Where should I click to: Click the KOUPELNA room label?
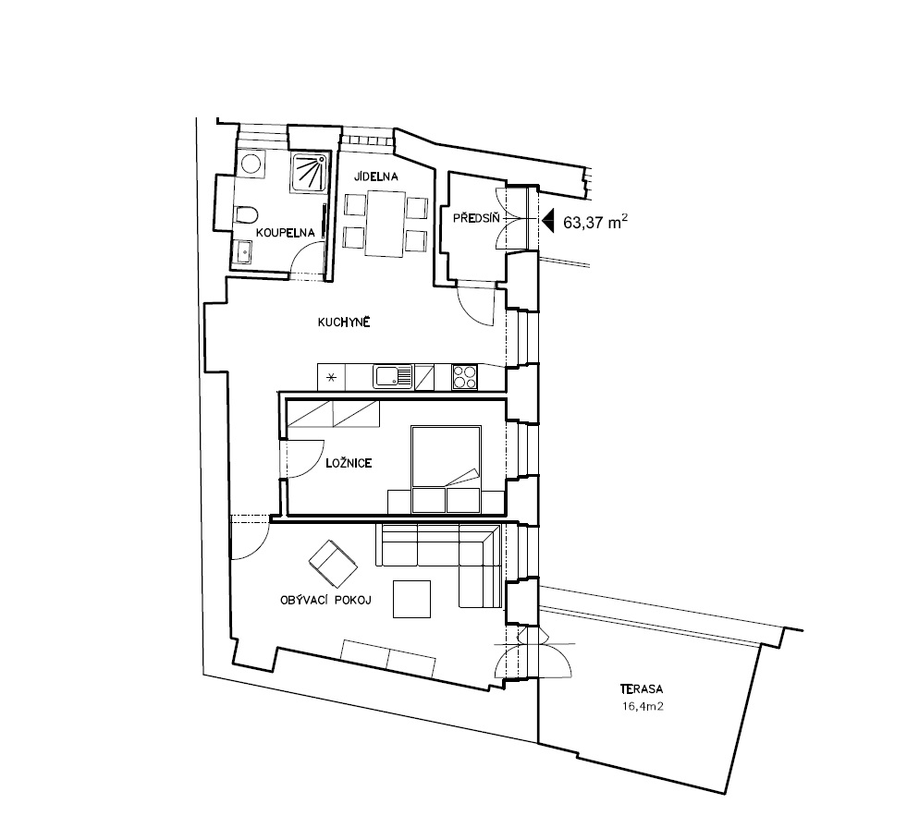coord(286,233)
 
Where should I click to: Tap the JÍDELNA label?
coord(375,177)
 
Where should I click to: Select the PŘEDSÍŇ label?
coord(476,218)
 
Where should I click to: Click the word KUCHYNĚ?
coord(344,322)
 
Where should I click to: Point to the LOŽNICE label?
coord(349,463)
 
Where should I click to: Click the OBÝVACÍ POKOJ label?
coord(325,601)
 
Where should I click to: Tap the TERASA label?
coord(642,689)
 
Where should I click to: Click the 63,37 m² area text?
coord(595,222)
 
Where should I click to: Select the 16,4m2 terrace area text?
coord(643,706)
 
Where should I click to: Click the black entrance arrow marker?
coord(548,222)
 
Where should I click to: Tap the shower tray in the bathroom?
coord(309,172)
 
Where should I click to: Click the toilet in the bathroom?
coord(245,215)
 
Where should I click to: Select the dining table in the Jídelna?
coord(385,224)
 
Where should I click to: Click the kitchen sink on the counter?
coord(393,377)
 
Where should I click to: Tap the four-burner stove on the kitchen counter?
coord(465,377)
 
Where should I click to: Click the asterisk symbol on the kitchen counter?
coord(331,377)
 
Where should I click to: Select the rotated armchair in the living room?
coord(333,564)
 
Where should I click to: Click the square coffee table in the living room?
coord(412,599)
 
